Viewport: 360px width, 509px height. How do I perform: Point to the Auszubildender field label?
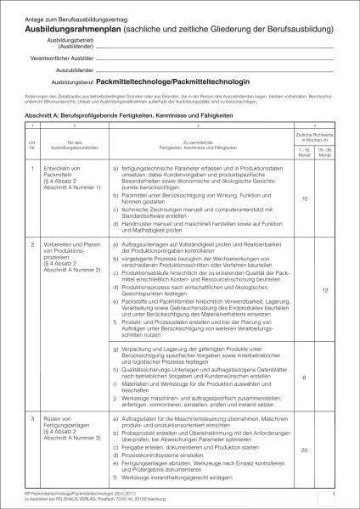click(72, 74)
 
